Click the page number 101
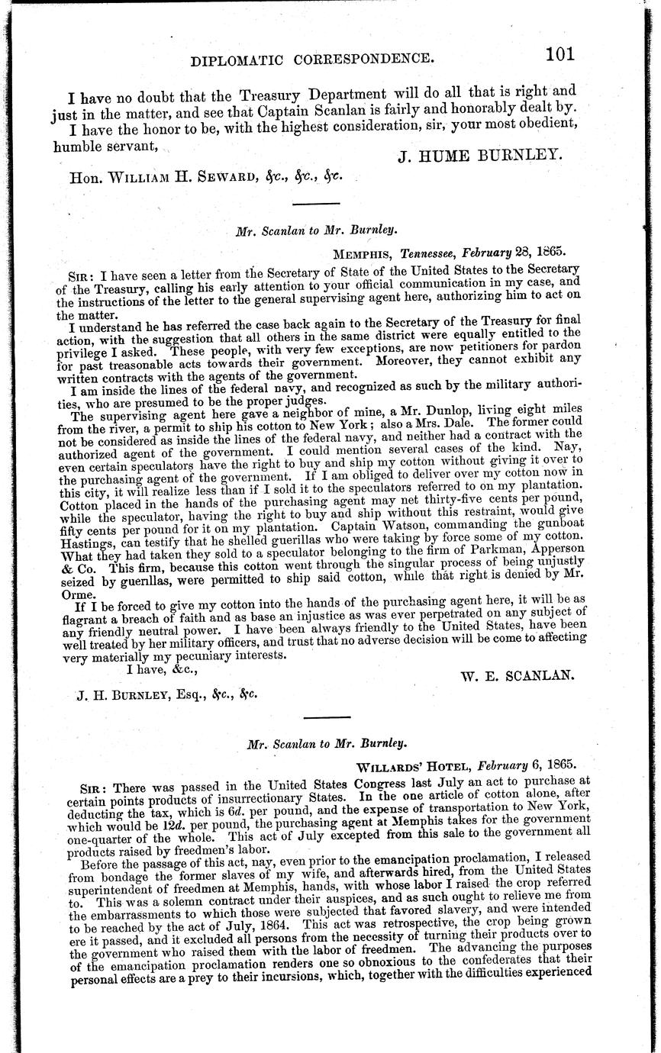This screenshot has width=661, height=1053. (559, 54)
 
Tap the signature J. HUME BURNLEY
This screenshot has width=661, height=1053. (480, 156)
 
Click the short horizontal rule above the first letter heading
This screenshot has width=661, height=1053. (311, 203)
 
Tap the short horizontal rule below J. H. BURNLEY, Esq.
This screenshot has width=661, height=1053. (327, 717)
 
